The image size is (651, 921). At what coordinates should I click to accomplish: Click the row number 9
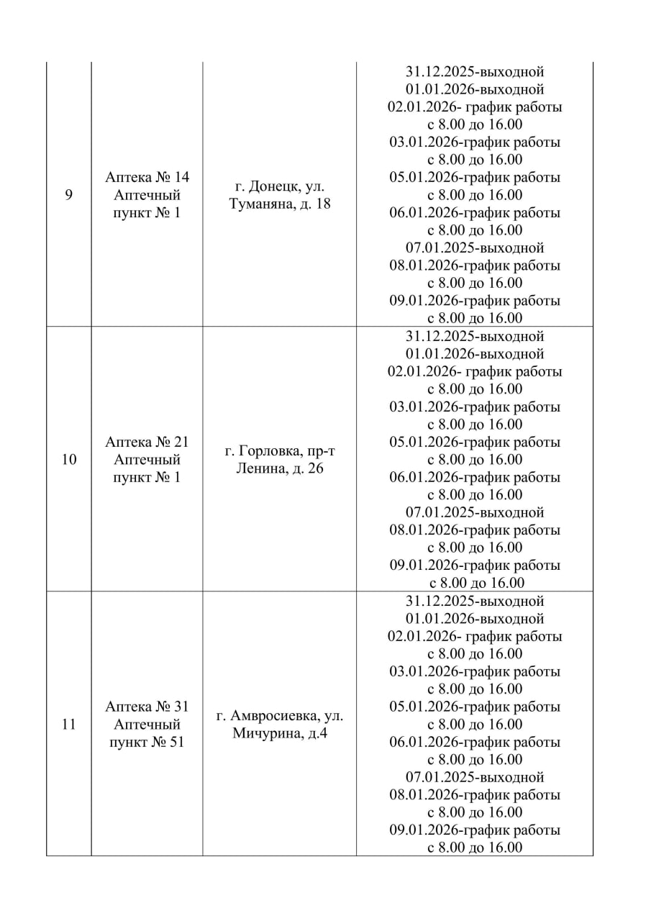point(69,195)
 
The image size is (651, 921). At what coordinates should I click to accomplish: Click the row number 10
point(69,460)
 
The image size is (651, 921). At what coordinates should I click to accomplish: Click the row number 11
point(69,725)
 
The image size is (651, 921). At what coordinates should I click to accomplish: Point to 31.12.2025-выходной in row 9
point(475,72)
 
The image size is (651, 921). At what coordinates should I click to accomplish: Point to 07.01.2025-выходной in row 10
point(475,513)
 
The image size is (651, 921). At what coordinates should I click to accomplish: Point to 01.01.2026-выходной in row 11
point(475,619)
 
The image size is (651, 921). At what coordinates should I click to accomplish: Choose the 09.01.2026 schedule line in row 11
point(475,830)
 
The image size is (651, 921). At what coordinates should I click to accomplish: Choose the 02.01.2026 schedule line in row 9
point(475,107)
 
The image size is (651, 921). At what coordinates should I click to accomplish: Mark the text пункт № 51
point(147,742)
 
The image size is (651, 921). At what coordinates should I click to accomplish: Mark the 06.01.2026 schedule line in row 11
point(475,742)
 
